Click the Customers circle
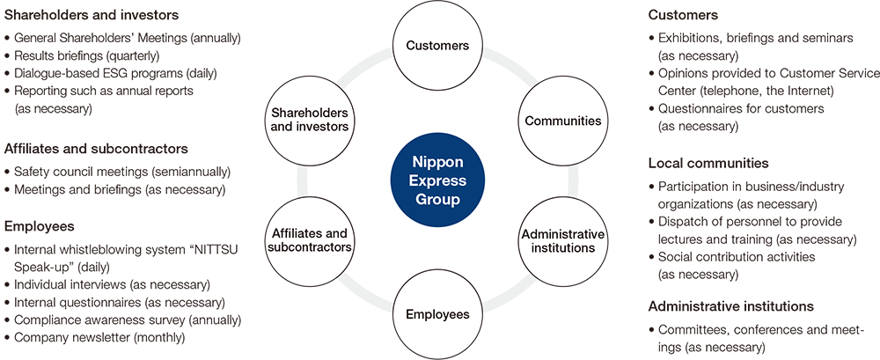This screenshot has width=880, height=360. pyautogui.click(x=438, y=45)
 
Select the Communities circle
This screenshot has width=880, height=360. pyautogui.click(x=563, y=121)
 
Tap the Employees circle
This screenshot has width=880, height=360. pyautogui.click(x=438, y=314)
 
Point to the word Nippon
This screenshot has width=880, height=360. pyautogui.click(x=438, y=163)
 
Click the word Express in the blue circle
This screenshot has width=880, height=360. pyautogui.click(x=438, y=181)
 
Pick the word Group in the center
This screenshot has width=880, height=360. pyautogui.click(x=438, y=200)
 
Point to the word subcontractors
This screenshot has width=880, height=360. pyautogui.click(x=309, y=247)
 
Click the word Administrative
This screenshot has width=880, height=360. pyautogui.click(x=563, y=234)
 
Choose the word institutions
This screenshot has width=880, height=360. pyautogui.click(x=563, y=248)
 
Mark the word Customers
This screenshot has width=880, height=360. pyautogui.click(x=438, y=45)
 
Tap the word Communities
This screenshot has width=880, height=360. pyautogui.click(x=563, y=121)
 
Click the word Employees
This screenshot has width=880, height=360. pyautogui.click(x=438, y=314)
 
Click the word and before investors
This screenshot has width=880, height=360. pyautogui.click(x=282, y=128)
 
